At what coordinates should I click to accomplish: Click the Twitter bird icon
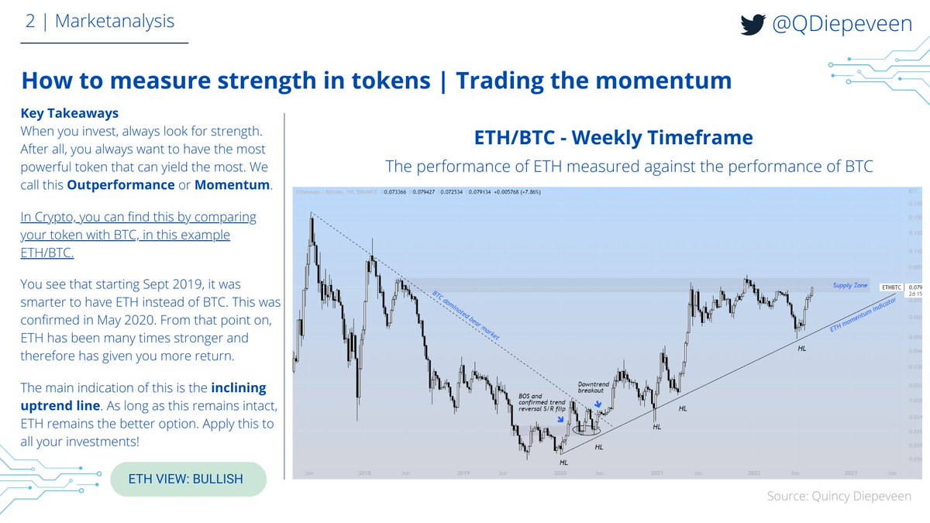pos(753,26)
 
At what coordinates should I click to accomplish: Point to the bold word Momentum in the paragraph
pos(232,185)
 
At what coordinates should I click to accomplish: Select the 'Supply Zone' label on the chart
pos(850,285)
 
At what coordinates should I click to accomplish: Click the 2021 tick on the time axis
pos(656,472)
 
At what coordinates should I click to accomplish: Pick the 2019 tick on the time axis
pos(463,472)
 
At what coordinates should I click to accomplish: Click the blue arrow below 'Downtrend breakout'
pos(599,404)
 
